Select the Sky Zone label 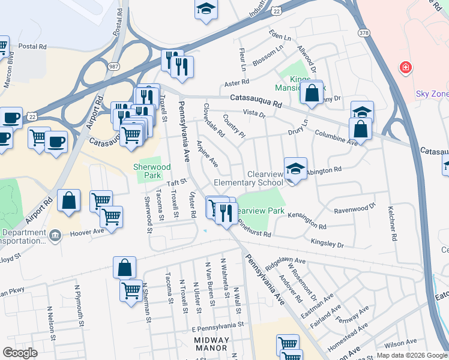[432, 94]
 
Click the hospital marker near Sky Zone [406, 67]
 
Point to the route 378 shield [363, 32]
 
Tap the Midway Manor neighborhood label [211, 343]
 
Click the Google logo [19, 353]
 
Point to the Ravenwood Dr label [354, 208]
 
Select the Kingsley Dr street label [327, 243]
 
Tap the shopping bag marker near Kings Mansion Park [312, 92]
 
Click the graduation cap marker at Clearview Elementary [295, 169]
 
